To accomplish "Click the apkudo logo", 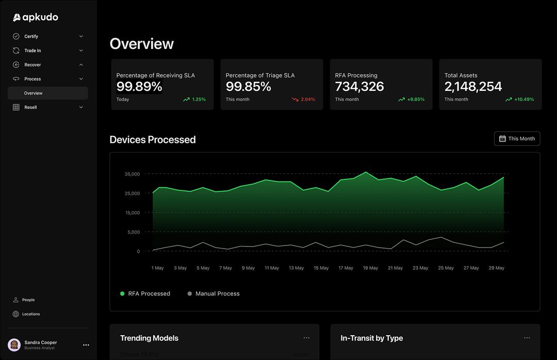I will coord(35,18).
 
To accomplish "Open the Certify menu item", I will coord(31,37).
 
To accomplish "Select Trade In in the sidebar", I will coord(32,51).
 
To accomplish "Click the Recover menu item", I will coord(32,65).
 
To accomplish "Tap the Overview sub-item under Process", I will coord(34,93).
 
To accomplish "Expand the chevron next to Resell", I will coord(81,107).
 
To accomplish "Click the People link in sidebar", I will coord(28,300).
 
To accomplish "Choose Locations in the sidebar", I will coord(30,314).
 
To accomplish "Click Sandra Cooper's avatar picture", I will coord(14,345).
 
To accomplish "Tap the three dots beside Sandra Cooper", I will coord(86,345).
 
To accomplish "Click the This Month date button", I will coord(517,139).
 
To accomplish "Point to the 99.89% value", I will coord(139,87).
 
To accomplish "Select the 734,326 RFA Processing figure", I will coord(359,87).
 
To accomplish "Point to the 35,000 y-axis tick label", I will coord(132,174).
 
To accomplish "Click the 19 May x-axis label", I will coord(370,268).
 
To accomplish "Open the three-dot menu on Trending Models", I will coord(306,338).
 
